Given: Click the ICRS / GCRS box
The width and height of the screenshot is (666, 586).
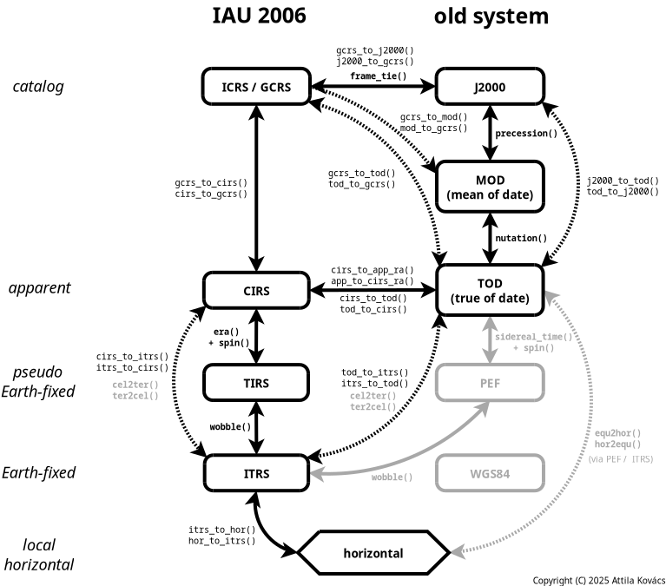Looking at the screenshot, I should tap(256, 87).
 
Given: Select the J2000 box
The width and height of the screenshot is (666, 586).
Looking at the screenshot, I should tap(490, 87).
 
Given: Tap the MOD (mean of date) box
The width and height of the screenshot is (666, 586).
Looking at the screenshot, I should tap(490, 187).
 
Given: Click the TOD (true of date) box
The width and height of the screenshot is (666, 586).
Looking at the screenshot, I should tap(490, 291).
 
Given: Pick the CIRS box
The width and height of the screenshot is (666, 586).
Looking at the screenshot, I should tap(256, 291).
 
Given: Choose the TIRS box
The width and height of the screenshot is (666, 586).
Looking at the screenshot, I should tap(256, 383).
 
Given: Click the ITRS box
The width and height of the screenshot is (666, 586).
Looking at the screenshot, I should tap(256, 474).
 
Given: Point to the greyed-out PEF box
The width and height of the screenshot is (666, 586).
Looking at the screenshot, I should tap(490, 383).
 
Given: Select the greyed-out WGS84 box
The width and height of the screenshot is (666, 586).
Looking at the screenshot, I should tap(490, 474).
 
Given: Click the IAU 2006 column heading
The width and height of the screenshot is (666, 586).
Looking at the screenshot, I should tap(259, 16).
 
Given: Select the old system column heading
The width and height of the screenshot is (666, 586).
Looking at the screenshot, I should tap(491, 16).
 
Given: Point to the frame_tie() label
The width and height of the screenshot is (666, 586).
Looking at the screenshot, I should tap(378, 76).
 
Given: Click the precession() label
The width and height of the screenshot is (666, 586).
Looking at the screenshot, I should tap(526, 134).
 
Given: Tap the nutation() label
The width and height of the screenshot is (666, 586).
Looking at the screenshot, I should tap(521, 239).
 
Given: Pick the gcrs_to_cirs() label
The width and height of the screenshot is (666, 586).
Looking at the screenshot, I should tap(211, 183).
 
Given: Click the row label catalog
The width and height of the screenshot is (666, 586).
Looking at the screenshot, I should tap(38, 87).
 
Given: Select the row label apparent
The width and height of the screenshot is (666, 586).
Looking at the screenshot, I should tap(39, 288).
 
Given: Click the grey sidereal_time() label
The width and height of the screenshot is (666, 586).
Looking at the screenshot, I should tap(533, 337).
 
